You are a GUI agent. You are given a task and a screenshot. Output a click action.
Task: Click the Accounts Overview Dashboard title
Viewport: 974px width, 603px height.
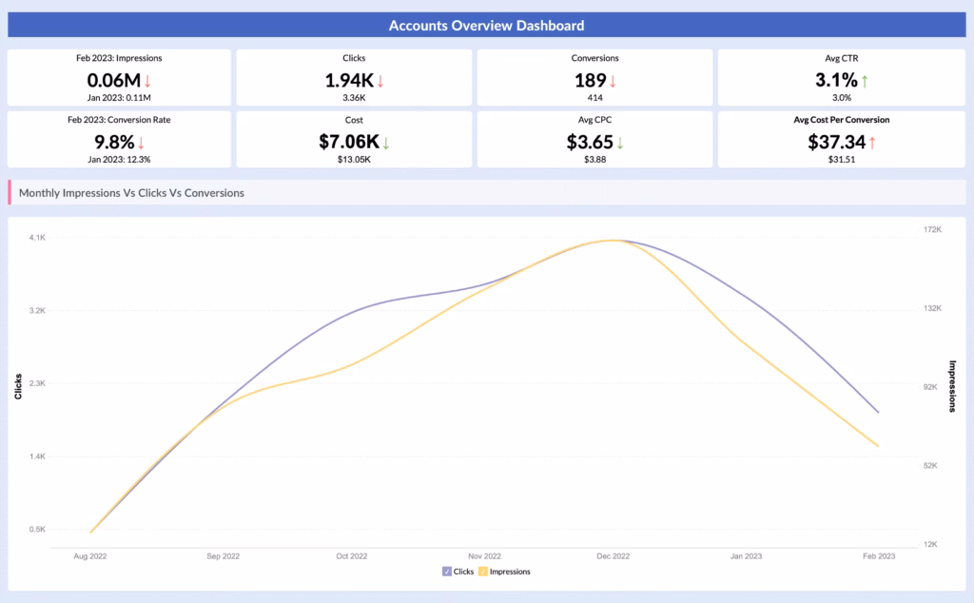pyautogui.click(x=486, y=25)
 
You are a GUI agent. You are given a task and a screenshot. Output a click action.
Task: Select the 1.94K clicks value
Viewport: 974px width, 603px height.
pyautogui.click(x=349, y=81)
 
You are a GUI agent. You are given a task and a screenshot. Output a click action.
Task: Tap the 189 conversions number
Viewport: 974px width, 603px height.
pyautogui.click(x=590, y=81)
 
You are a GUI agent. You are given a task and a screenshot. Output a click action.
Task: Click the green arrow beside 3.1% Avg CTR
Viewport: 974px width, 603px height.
pyautogui.click(x=865, y=81)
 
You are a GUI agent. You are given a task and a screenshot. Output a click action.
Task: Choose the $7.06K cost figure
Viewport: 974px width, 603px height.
pyautogui.click(x=349, y=143)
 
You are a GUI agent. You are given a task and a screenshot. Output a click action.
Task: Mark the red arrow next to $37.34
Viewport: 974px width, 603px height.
pyautogui.click(x=870, y=143)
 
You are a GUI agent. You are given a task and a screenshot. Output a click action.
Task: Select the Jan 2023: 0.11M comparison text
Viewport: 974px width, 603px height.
pyautogui.click(x=119, y=97)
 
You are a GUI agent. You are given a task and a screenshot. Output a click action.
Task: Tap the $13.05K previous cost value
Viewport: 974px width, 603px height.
pyautogui.click(x=354, y=159)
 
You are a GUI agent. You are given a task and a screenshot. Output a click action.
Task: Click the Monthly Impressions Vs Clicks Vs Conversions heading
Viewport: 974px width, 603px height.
pyautogui.click(x=131, y=193)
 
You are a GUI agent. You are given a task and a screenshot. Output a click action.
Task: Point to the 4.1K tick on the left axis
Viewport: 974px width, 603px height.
pyautogui.click(x=37, y=238)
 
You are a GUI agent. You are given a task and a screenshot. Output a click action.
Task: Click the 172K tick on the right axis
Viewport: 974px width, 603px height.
pyautogui.click(x=932, y=230)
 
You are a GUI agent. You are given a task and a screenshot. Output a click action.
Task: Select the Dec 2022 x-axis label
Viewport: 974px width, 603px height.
pyautogui.click(x=614, y=555)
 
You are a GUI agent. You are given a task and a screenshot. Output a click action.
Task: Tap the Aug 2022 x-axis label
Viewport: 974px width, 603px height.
pyautogui.click(x=90, y=555)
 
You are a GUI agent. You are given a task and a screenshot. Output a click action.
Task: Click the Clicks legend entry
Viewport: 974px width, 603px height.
pyautogui.click(x=458, y=572)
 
